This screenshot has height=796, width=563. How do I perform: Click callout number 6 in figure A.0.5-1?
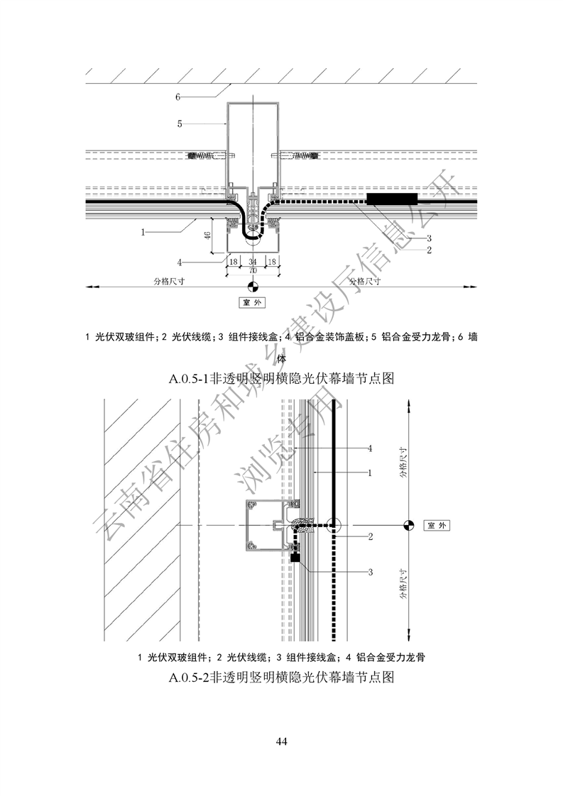[x=177, y=96]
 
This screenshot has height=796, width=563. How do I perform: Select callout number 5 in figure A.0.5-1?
[x=180, y=123]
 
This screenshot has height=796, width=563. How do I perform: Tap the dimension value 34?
[x=253, y=262]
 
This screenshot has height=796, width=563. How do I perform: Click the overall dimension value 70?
[x=253, y=270]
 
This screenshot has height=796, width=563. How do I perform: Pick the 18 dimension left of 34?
[x=234, y=262]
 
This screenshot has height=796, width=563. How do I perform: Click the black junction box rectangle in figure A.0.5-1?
[x=392, y=199]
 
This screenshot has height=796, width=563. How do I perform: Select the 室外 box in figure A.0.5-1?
[x=253, y=302]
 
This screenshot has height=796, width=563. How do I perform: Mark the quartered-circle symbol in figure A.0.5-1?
[x=253, y=287]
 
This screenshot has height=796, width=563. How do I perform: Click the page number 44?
[x=281, y=741]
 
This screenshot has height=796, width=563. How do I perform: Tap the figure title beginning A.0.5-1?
[x=281, y=378]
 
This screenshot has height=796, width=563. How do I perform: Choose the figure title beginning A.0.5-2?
[x=281, y=678]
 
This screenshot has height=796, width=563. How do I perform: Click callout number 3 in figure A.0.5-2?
[x=371, y=572]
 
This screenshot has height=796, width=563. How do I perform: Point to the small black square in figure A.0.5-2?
[x=295, y=558]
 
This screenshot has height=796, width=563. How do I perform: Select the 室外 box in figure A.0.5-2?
[x=437, y=526]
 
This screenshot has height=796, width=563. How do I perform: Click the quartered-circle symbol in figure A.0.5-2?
[x=408, y=526]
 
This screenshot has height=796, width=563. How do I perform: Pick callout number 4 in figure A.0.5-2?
[x=370, y=448]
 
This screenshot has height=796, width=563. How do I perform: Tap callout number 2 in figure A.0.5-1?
[x=429, y=250]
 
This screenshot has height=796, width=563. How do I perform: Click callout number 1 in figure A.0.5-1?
[x=143, y=233]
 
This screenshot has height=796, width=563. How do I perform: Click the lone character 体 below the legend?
[x=281, y=358]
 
